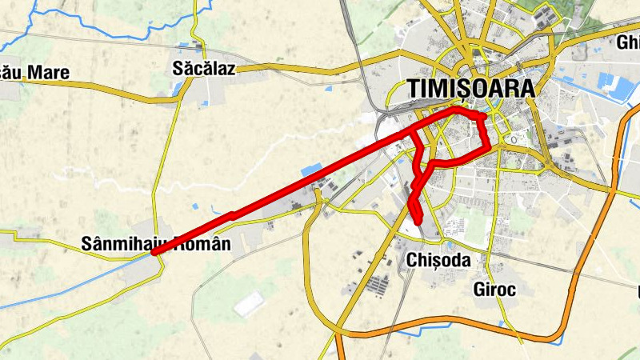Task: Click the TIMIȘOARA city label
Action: pos(470,89)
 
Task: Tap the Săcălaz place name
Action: pos(204,69)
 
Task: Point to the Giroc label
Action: pos(494,289)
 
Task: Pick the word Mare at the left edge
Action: pos(49,74)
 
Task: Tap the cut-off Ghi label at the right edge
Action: pos(628,43)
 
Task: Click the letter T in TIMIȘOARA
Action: pos(414,89)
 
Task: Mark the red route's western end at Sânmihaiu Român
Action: pos(154,253)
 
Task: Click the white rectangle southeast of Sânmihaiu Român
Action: pos(250,303)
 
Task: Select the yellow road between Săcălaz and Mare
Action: pos(120,91)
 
